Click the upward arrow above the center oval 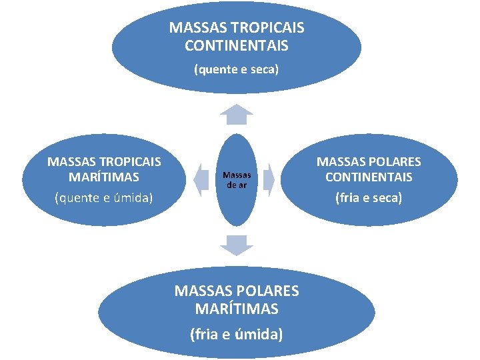[x=237, y=115]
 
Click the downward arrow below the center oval [x=237, y=245]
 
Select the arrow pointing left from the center [x=201, y=179]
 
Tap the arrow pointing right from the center [x=267, y=179]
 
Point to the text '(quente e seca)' [x=236, y=69]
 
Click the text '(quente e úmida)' [x=103, y=197]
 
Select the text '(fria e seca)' [x=369, y=198]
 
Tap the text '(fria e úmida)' [x=237, y=333]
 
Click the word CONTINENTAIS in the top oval [x=237, y=45]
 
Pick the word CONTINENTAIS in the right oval [x=369, y=177]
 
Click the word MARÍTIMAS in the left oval [x=103, y=177]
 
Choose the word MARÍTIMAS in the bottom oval [x=237, y=309]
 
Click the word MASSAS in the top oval [x=193, y=28]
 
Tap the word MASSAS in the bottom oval [x=199, y=291]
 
